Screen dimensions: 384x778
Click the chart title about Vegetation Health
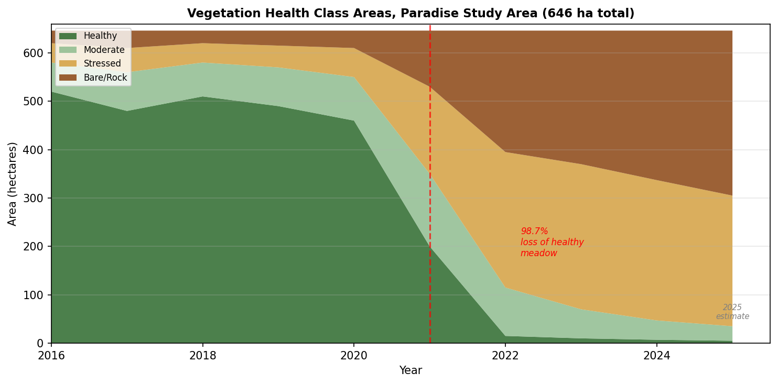point(410,14)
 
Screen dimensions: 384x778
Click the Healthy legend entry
point(100,36)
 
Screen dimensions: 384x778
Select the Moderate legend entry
point(104,50)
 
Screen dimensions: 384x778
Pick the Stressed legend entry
point(102,64)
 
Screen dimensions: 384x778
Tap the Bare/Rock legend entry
point(105,78)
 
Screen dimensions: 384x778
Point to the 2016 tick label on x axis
point(51,356)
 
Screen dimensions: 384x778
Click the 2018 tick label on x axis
point(203,356)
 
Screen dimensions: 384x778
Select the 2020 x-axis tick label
point(354,356)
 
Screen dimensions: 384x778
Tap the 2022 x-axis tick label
point(505,356)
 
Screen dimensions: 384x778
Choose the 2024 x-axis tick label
point(657,356)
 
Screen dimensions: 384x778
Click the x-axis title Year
point(410,371)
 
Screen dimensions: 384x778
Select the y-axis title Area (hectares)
point(13,183)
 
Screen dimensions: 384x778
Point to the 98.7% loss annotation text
point(552,243)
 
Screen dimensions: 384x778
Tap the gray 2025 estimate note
point(732,312)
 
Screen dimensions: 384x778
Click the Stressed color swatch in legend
point(68,64)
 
